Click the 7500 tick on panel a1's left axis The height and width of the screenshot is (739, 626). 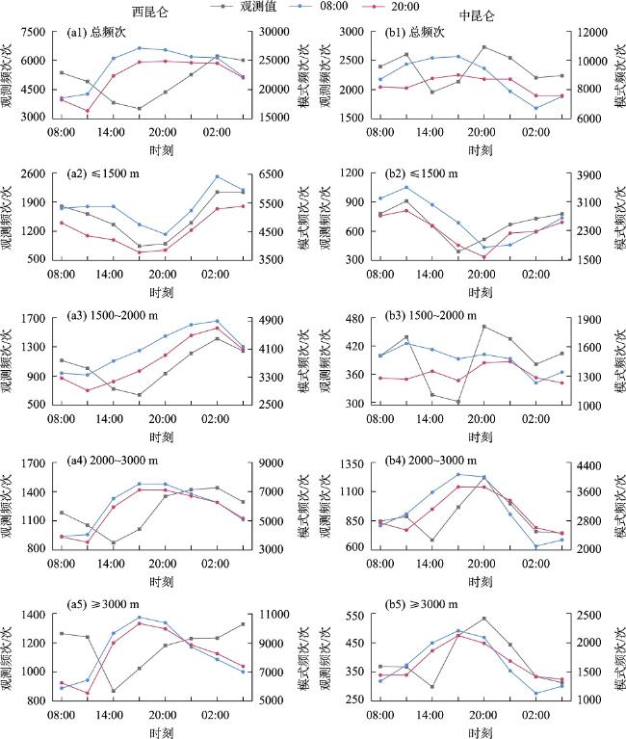coord(35,32)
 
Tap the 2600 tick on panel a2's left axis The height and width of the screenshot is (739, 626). coord(35,173)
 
